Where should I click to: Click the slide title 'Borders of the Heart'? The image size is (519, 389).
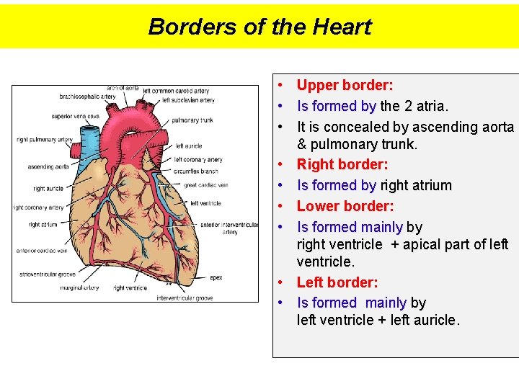(259, 27)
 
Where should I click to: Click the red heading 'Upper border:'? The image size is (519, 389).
(345, 86)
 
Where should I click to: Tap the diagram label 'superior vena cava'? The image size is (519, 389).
(71, 116)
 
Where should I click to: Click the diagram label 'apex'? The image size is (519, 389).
(216, 277)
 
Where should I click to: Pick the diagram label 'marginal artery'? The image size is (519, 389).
(79, 288)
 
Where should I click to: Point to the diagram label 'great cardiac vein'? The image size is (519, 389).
(205, 185)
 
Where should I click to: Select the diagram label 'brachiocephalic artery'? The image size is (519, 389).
(87, 97)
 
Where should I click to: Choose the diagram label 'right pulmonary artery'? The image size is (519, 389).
(44, 140)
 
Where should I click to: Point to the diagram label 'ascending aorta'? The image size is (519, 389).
(48, 166)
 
